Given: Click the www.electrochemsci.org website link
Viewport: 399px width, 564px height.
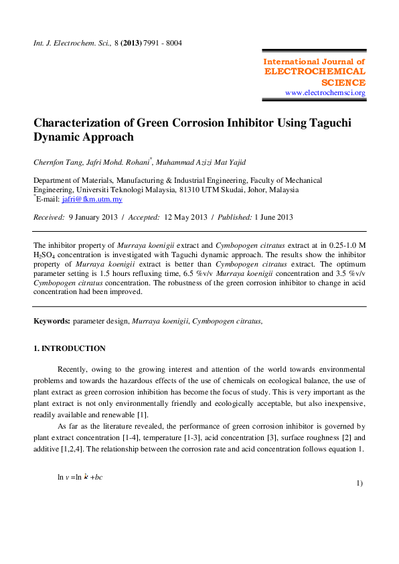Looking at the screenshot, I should [x=325, y=92].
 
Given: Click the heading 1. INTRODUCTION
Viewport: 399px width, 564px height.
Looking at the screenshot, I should [x=70, y=348].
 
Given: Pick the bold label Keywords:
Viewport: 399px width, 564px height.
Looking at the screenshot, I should [x=52, y=322].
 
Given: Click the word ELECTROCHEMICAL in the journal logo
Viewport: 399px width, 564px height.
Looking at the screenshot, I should [x=315, y=71].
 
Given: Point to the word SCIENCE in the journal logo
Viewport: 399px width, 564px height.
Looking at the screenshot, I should [x=343, y=82].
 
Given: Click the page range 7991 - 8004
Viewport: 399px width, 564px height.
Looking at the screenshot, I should [x=161, y=44].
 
